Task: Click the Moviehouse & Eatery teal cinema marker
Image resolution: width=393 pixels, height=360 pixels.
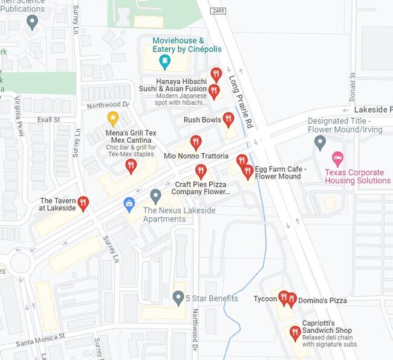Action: point(164,61)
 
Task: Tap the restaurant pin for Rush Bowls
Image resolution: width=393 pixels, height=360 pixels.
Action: point(228,119)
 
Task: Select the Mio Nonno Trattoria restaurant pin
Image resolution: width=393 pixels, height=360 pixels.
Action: point(195,143)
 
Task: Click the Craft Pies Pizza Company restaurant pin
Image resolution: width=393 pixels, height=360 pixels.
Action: point(201,171)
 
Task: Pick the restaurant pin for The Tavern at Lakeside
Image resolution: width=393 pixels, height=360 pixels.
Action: point(83,203)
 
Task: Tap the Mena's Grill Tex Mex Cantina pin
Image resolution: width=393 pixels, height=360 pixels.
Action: point(131,166)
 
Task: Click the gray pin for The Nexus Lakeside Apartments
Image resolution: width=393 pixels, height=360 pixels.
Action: point(155,196)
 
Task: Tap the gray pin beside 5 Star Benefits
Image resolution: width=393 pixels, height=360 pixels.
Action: point(178,298)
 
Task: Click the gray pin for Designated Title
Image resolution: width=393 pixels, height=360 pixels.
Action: point(320,143)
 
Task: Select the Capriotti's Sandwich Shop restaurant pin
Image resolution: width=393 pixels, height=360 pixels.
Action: point(294,333)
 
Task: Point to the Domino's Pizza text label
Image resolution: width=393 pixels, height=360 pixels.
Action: point(321,300)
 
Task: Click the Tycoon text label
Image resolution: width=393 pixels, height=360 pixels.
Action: point(265,299)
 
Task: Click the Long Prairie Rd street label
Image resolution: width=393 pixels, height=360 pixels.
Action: point(241,102)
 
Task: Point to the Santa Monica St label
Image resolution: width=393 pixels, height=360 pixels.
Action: point(40,339)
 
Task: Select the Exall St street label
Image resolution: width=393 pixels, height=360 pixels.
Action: point(48,120)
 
